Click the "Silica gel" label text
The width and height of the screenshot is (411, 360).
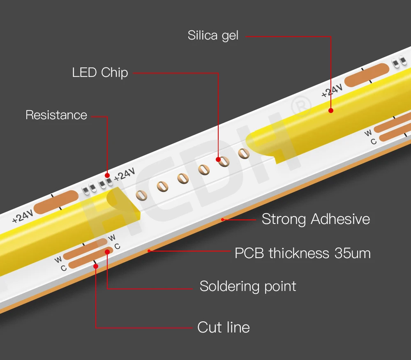(x=213, y=36)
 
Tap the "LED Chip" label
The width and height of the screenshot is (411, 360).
(x=100, y=73)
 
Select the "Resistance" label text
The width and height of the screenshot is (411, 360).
(x=56, y=115)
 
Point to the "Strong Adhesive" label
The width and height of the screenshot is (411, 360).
(x=316, y=219)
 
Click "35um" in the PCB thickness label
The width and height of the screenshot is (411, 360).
(x=353, y=253)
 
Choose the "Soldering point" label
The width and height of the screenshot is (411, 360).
(x=248, y=286)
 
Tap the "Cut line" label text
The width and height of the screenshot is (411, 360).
(x=224, y=328)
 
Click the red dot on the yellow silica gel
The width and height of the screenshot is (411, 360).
(x=331, y=110)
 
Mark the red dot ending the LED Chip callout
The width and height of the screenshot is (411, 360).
(x=219, y=159)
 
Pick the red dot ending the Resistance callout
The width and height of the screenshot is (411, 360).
(x=108, y=175)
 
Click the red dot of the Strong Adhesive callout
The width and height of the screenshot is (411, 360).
(x=222, y=219)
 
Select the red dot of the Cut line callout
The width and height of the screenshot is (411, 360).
(x=96, y=266)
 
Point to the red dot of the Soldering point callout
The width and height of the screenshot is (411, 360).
(x=107, y=251)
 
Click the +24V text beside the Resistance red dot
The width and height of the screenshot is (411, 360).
(x=125, y=174)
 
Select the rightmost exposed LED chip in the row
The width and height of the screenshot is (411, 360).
(x=244, y=153)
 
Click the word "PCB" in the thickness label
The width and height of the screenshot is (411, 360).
(x=249, y=253)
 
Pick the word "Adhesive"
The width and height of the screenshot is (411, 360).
(x=339, y=219)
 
